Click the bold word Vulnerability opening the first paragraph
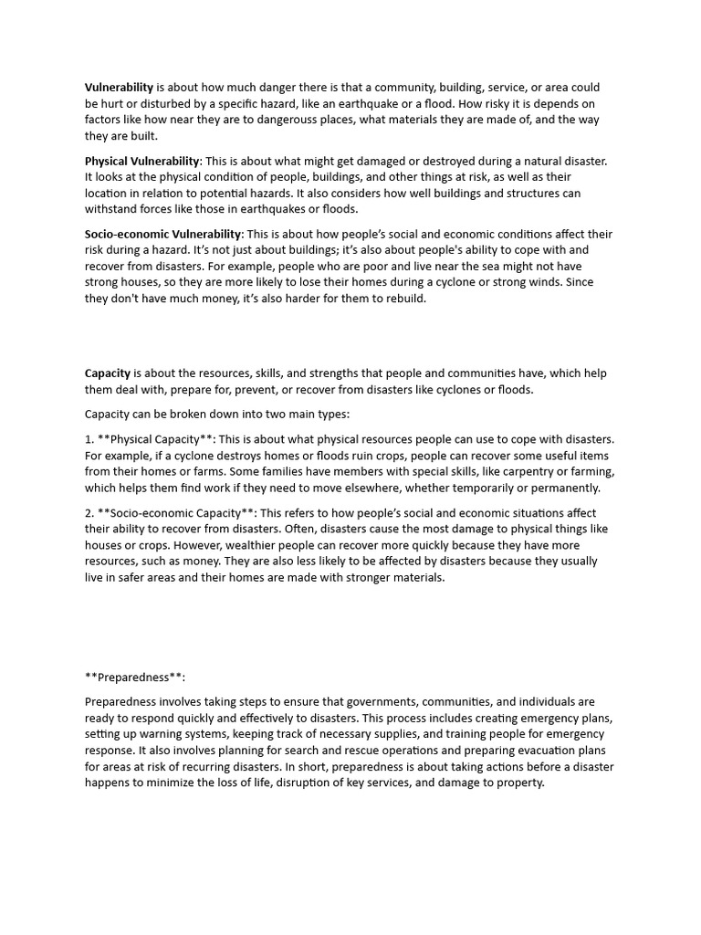[x=119, y=88]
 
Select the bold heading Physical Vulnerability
[x=141, y=161]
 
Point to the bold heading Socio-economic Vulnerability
[x=163, y=234]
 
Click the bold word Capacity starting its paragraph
[x=108, y=373]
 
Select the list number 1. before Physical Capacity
[x=89, y=438]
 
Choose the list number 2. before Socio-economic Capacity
[x=89, y=512]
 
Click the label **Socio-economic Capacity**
[x=178, y=512]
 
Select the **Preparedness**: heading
[x=134, y=677]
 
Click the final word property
[x=518, y=783]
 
